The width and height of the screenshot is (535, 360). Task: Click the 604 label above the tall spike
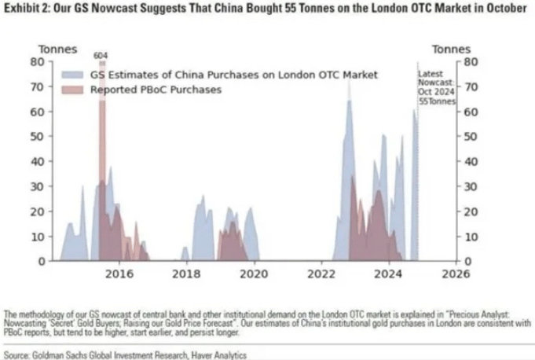click(x=101, y=55)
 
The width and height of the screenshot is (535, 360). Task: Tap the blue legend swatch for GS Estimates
click(x=75, y=75)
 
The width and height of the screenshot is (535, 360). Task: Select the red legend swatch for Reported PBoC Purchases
click(x=75, y=90)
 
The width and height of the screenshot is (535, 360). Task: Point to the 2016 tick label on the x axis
click(x=119, y=274)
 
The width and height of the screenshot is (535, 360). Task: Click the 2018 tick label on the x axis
click(x=186, y=274)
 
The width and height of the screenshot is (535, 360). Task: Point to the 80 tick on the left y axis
click(x=37, y=61)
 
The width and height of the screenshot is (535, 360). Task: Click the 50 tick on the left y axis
click(x=37, y=135)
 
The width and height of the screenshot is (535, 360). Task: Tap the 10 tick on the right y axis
click(x=470, y=236)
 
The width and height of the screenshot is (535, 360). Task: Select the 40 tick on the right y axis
click(x=470, y=161)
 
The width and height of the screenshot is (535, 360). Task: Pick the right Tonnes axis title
click(x=452, y=49)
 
